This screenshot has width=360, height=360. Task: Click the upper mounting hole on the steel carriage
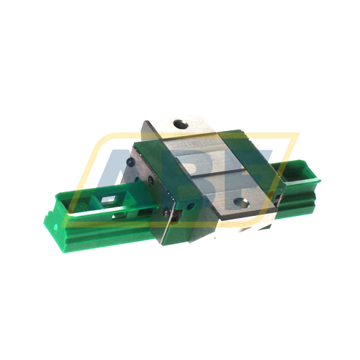coord(180,125)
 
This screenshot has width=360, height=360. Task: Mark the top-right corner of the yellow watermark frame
coord(297,134)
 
